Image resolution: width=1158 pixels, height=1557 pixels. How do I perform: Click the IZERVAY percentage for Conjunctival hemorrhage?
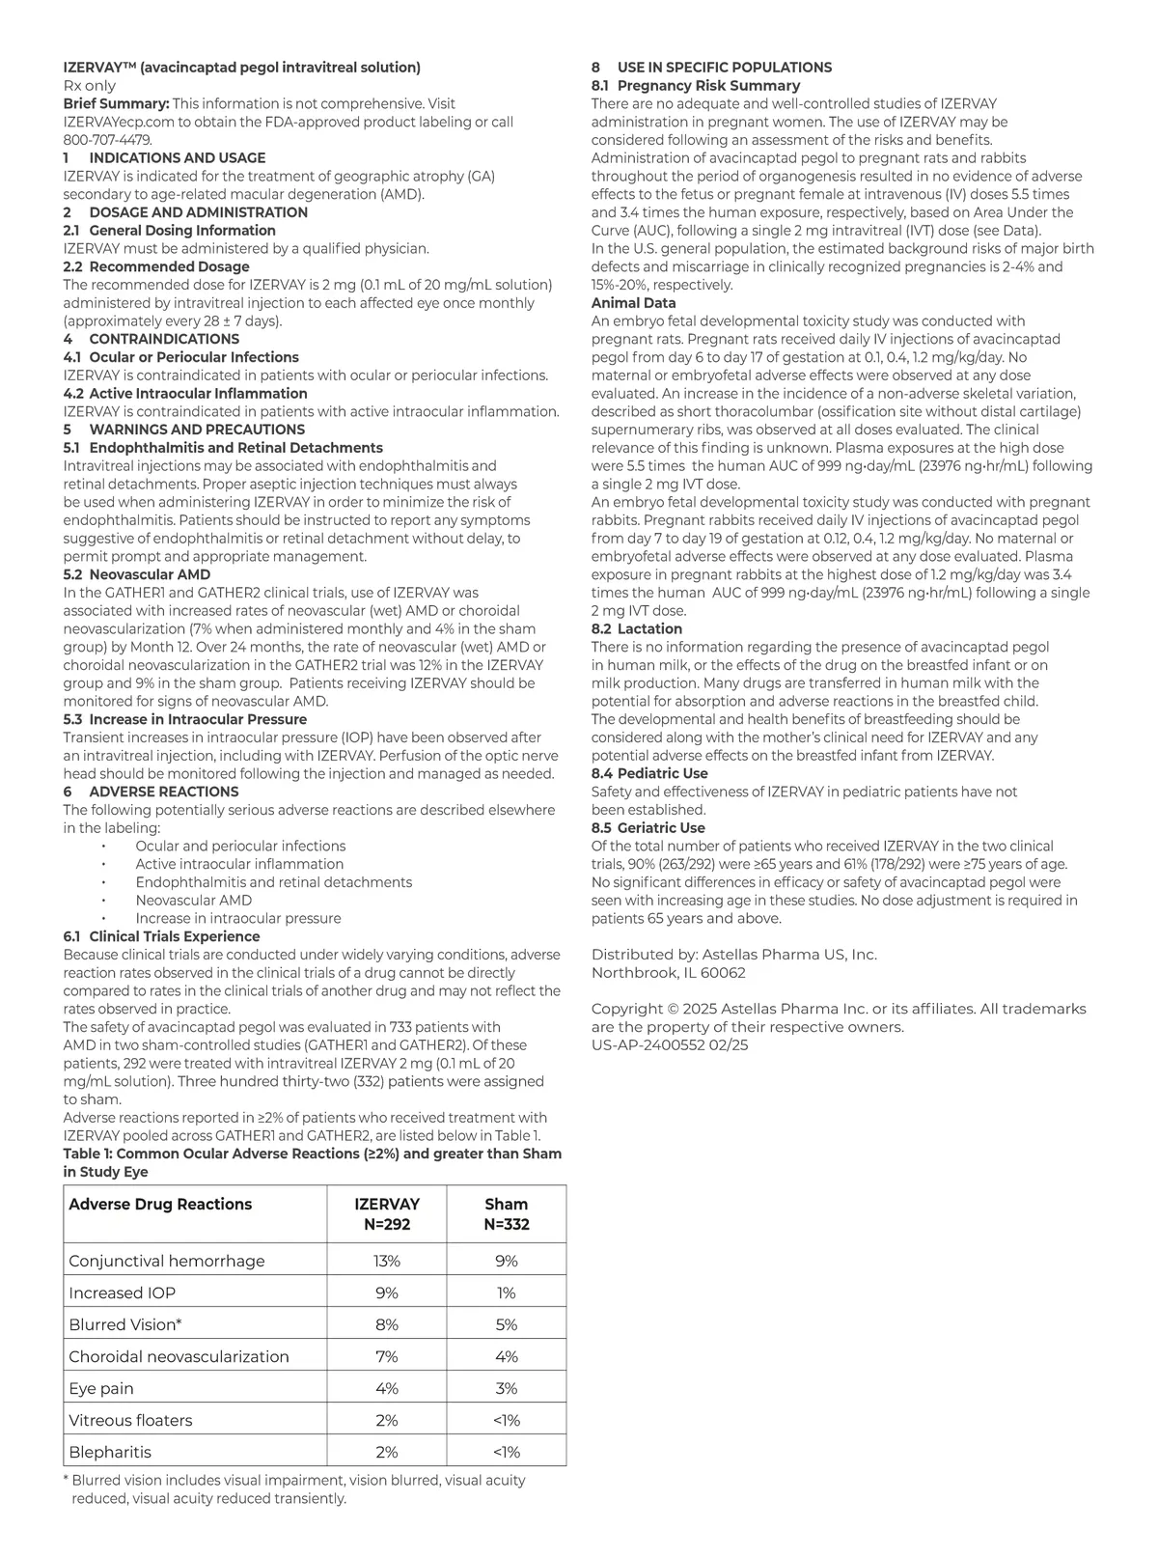pyautogui.click(x=386, y=1261)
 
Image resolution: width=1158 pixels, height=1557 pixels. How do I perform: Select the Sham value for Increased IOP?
pyautogui.click(x=506, y=1293)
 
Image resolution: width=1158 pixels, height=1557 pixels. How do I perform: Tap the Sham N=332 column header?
pyautogui.click(x=506, y=1214)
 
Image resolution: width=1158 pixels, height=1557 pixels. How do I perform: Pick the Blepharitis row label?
pyautogui.click(x=110, y=1452)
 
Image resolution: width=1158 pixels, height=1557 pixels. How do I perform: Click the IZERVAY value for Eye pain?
pyautogui.click(x=386, y=1388)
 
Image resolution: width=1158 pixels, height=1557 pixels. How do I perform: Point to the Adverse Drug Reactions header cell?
pyautogui.click(x=160, y=1204)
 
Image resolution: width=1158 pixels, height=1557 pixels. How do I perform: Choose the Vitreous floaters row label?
pyautogui.click(x=130, y=1420)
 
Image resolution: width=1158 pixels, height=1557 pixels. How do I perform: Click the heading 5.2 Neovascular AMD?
pyautogui.click(x=136, y=574)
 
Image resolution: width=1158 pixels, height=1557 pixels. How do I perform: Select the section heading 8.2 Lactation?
pyautogui.click(x=636, y=628)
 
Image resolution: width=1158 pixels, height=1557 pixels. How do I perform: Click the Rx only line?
pyautogui.click(x=89, y=86)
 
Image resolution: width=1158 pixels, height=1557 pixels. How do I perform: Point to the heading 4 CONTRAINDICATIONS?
pyautogui.click(x=151, y=339)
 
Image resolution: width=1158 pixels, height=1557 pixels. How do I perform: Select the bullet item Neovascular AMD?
pyautogui.click(x=193, y=900)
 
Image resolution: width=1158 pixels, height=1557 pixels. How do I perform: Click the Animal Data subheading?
pyautogui.click(x=633, y=303)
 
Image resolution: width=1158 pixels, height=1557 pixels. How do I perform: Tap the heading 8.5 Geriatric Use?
pyautogui.click(x=648, y=827)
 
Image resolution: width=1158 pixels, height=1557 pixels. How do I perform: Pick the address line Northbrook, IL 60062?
pyautogui.click(x=668, y=972)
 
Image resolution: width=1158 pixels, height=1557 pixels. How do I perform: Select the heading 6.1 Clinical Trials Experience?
pyautogui.click(x=161, y=936)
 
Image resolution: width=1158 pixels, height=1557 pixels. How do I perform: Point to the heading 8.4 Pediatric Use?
pyautogui.click(x=649, y=773)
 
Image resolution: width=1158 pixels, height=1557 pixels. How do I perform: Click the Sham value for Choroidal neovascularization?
pyautogui.click(x=506, y=1356)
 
